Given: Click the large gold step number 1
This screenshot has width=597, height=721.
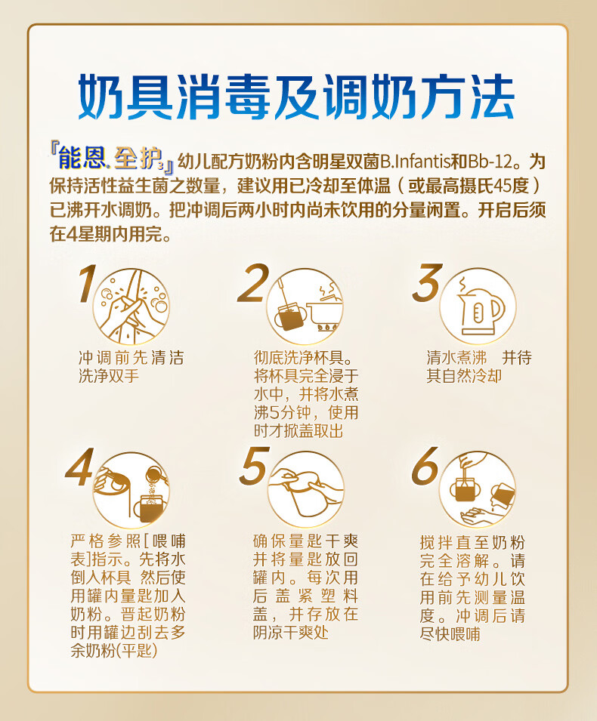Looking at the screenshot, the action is (88, 283).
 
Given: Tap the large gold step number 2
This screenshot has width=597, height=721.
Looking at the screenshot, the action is (253, 283).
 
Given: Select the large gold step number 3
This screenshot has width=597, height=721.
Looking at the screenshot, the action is (427, 283).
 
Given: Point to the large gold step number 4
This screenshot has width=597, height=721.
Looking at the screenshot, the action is (80, 467).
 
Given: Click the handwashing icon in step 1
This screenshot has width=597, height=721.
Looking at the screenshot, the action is (131, 307).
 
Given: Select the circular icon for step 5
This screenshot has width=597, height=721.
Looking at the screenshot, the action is (305, 490).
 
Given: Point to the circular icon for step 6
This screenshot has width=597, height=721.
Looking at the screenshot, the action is (478, 488).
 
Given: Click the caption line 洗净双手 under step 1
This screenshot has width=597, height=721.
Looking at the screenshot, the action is (109, 376).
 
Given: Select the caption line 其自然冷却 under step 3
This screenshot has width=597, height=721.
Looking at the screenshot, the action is (464, 376).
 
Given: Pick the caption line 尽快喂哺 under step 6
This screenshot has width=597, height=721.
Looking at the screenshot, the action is (450, 634).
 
